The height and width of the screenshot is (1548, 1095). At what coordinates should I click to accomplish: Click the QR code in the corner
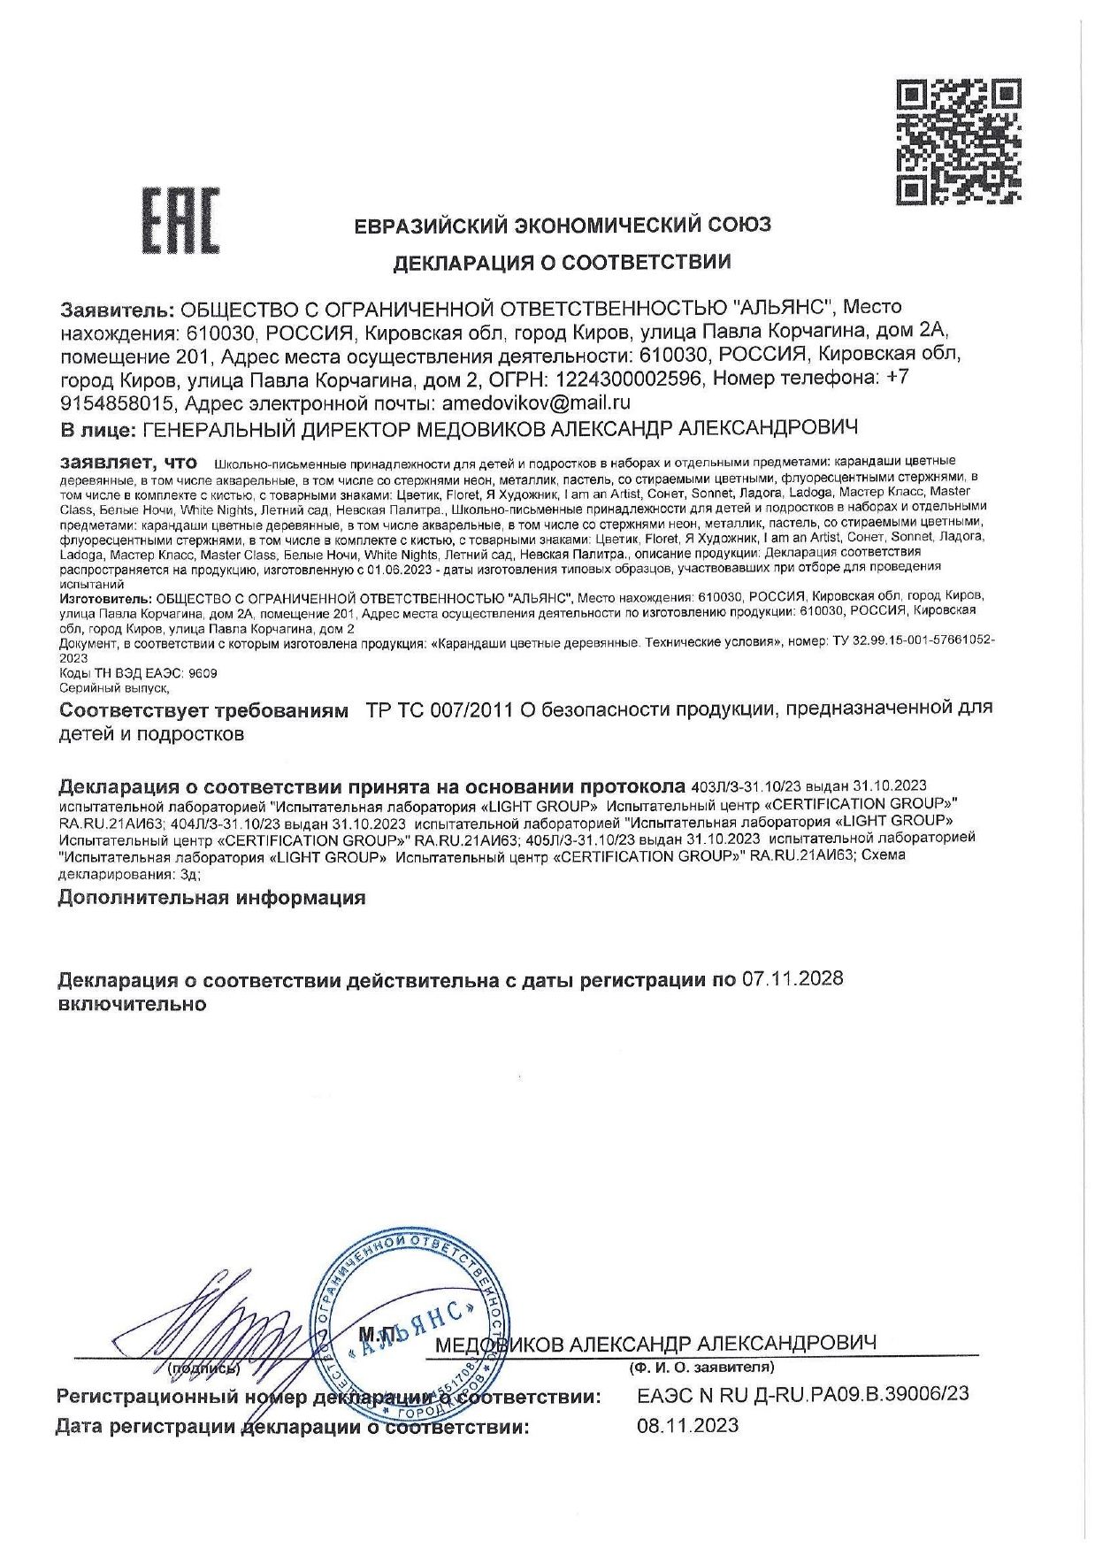pyautogui.click(x=959, y=142)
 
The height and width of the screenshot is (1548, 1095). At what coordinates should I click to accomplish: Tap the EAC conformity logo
pyautogui.click(x=181, y=221)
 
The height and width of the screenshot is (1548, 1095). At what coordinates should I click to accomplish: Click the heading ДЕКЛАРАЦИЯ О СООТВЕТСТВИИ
pyautogui.click(x=562, y=262)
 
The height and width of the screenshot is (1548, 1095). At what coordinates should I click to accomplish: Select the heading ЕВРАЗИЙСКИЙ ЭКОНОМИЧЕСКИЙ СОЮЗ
pyautogui.click(x=563, y=225)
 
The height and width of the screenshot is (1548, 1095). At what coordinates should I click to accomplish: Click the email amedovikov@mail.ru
pyautogui.click(x=536, y=403)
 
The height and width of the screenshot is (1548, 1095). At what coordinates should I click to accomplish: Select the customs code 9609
pyautogui.click(x=203, y=673)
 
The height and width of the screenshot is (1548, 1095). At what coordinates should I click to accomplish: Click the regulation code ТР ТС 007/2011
pyautogui.click(x=439, y=709)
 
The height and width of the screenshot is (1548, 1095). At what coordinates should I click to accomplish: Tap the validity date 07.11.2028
pyautogui.click(x=793, y=979)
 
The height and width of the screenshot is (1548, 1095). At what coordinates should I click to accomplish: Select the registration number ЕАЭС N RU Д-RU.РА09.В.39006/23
pyautogui.click(x=802, y=1394)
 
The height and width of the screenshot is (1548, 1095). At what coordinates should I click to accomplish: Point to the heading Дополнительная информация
pyautogui.click(x=211, y=898)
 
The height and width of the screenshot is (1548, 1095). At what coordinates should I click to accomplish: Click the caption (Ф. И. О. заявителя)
pyautogui.click(x=701, y=1368)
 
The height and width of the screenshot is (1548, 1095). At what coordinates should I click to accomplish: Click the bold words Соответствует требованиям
pyautogui.click(x=203, y=709)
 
